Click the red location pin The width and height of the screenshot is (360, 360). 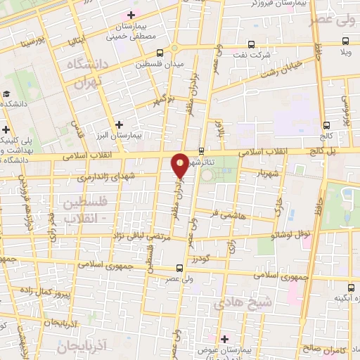coord(181,165)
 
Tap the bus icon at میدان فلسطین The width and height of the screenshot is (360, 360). coord(161,53)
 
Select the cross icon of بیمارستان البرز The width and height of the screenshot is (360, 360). coord(120,124)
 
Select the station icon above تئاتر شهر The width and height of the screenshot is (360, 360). coord(202,150)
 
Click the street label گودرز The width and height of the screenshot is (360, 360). coord(201,259)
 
